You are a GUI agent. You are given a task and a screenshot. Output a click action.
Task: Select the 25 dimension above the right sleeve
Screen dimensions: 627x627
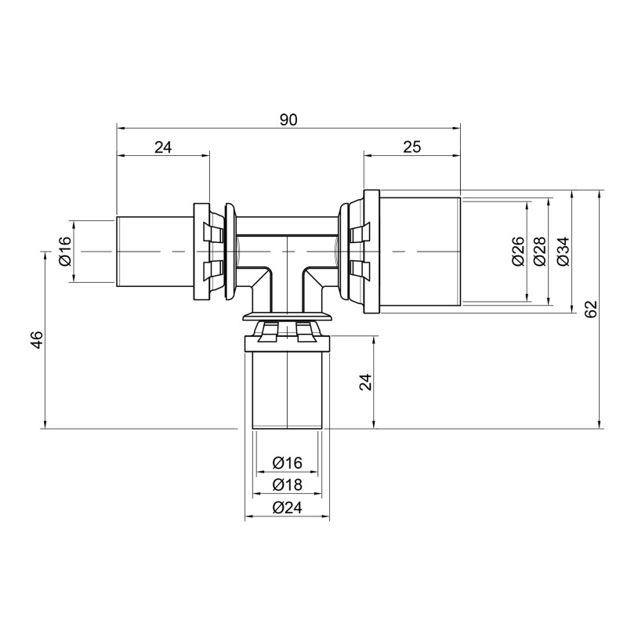click(x=412, y=147)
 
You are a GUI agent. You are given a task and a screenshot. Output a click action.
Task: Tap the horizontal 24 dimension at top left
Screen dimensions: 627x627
click(x=163, y=147)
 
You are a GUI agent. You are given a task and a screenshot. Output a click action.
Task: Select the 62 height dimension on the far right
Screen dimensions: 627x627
click(x=590, y=310)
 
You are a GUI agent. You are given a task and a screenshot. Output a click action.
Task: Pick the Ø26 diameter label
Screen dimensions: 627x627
click(x=518, y=251)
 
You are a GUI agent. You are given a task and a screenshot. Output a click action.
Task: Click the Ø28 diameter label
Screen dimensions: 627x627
click(x=539, y=251)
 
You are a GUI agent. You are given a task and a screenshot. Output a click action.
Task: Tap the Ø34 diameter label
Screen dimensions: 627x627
click(x=562, y=251)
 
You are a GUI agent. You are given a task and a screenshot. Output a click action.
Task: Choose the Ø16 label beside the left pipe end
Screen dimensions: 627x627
click(x=64, y=251)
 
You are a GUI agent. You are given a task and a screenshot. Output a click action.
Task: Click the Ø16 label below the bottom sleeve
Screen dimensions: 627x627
click(x=287, y=464)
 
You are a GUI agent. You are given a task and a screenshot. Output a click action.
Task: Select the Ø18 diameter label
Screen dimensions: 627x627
click(x=287, y=486)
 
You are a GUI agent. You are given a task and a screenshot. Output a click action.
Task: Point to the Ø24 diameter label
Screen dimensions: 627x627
click(x=287, y=508)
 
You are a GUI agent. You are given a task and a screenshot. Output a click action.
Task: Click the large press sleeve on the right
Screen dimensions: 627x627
click(x=419, y=251)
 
